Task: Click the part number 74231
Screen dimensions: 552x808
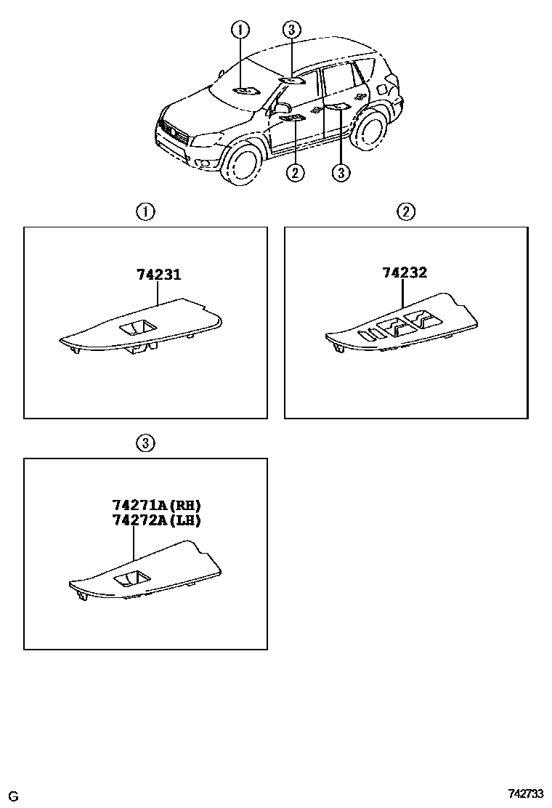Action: [x=158, y=275]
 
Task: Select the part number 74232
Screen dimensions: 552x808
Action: [x=405, y=273]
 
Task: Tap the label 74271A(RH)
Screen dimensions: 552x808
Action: [x=156, y=506]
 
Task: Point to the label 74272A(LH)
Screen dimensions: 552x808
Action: [x=156, y=520]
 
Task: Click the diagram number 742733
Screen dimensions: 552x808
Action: [x=526, y=794]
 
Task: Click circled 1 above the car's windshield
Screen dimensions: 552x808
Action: [x=240, y=29]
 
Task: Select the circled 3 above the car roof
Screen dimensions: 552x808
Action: [x=291, y=29]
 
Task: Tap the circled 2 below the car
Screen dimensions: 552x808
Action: [x=295, y=173]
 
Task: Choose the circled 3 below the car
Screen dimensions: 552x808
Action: [x=341, y=173]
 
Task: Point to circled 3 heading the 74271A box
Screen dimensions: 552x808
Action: [x=145, y=443]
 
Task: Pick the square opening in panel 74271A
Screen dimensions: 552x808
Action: [x=131, y=579]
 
